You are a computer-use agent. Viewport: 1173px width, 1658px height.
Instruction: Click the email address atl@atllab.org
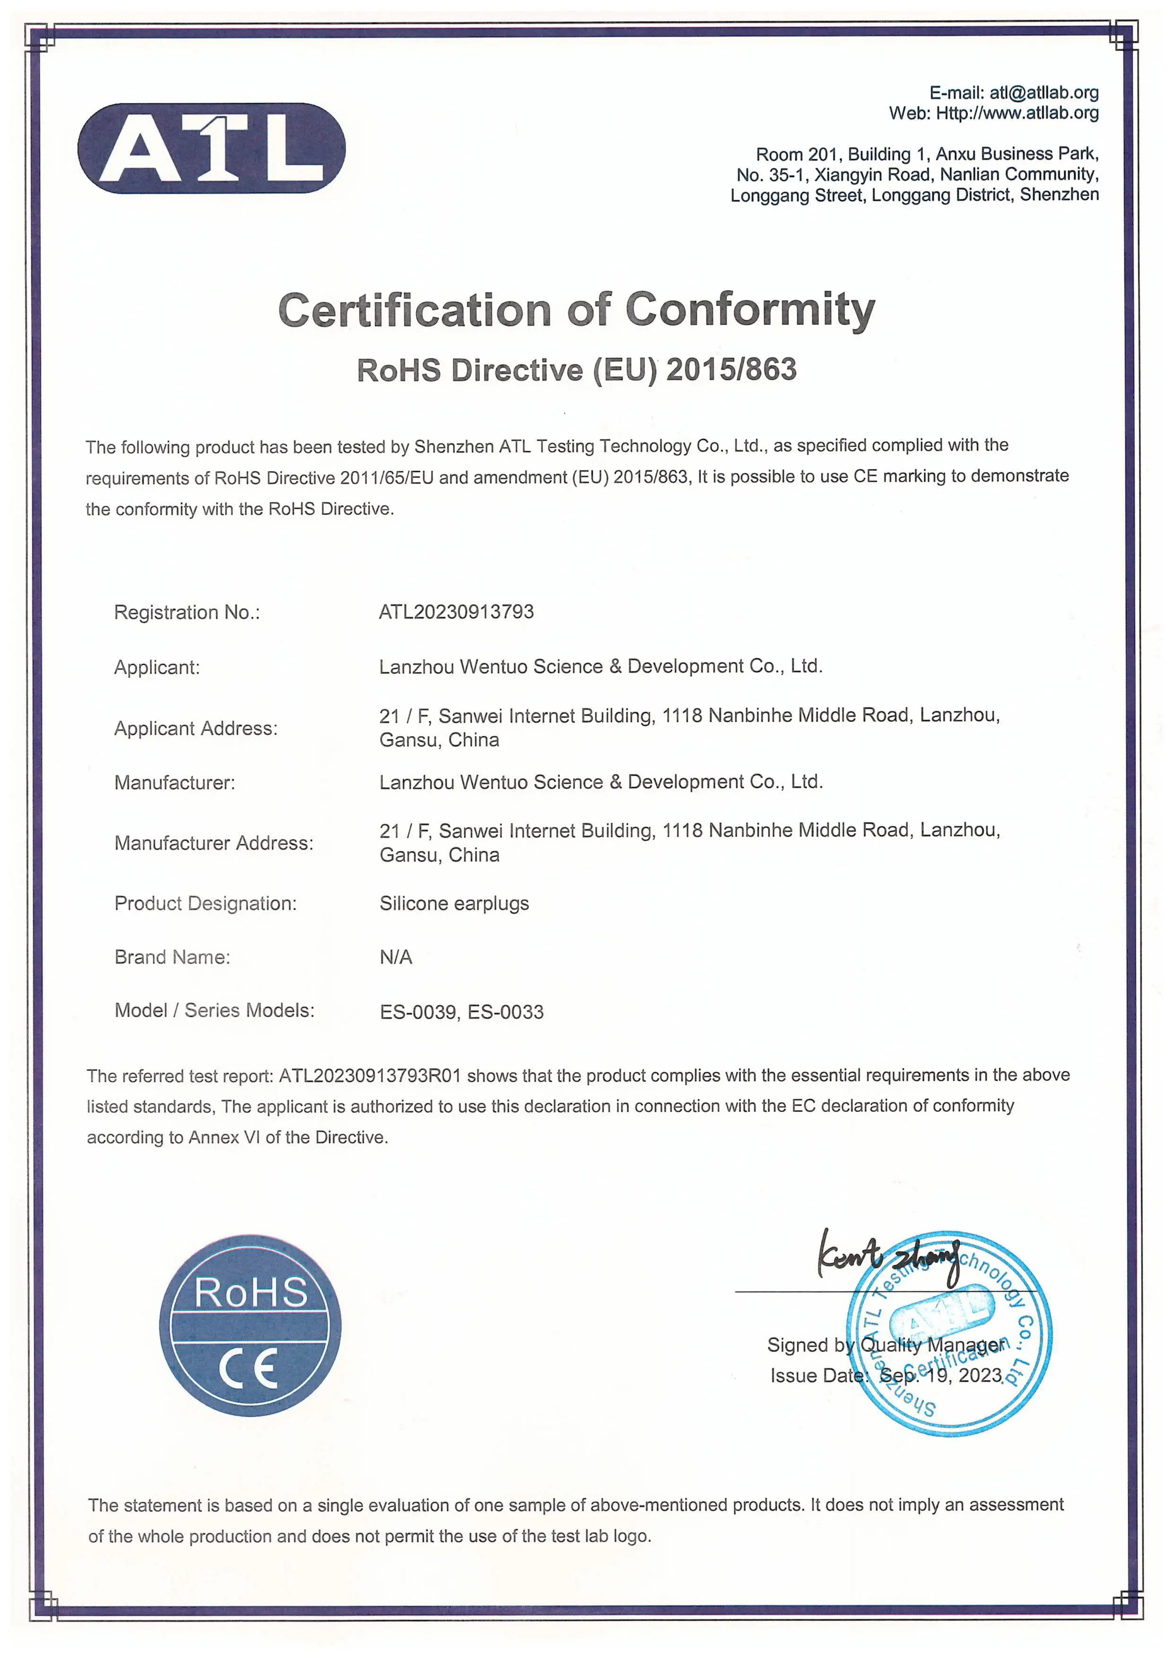tap(1044, 93)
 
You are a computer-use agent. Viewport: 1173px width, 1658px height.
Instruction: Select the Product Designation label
tap(205, 903)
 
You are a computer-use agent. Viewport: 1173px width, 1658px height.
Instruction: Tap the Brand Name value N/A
tap(395, 957)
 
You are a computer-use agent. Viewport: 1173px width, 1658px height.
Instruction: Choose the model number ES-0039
tap(418, 1012)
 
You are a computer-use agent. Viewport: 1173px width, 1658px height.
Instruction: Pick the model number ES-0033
tap(505, 1012)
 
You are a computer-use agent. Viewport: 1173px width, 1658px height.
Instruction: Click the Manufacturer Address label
tap(214, 843)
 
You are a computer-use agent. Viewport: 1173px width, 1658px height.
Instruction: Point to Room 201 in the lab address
tap(796, 154)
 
